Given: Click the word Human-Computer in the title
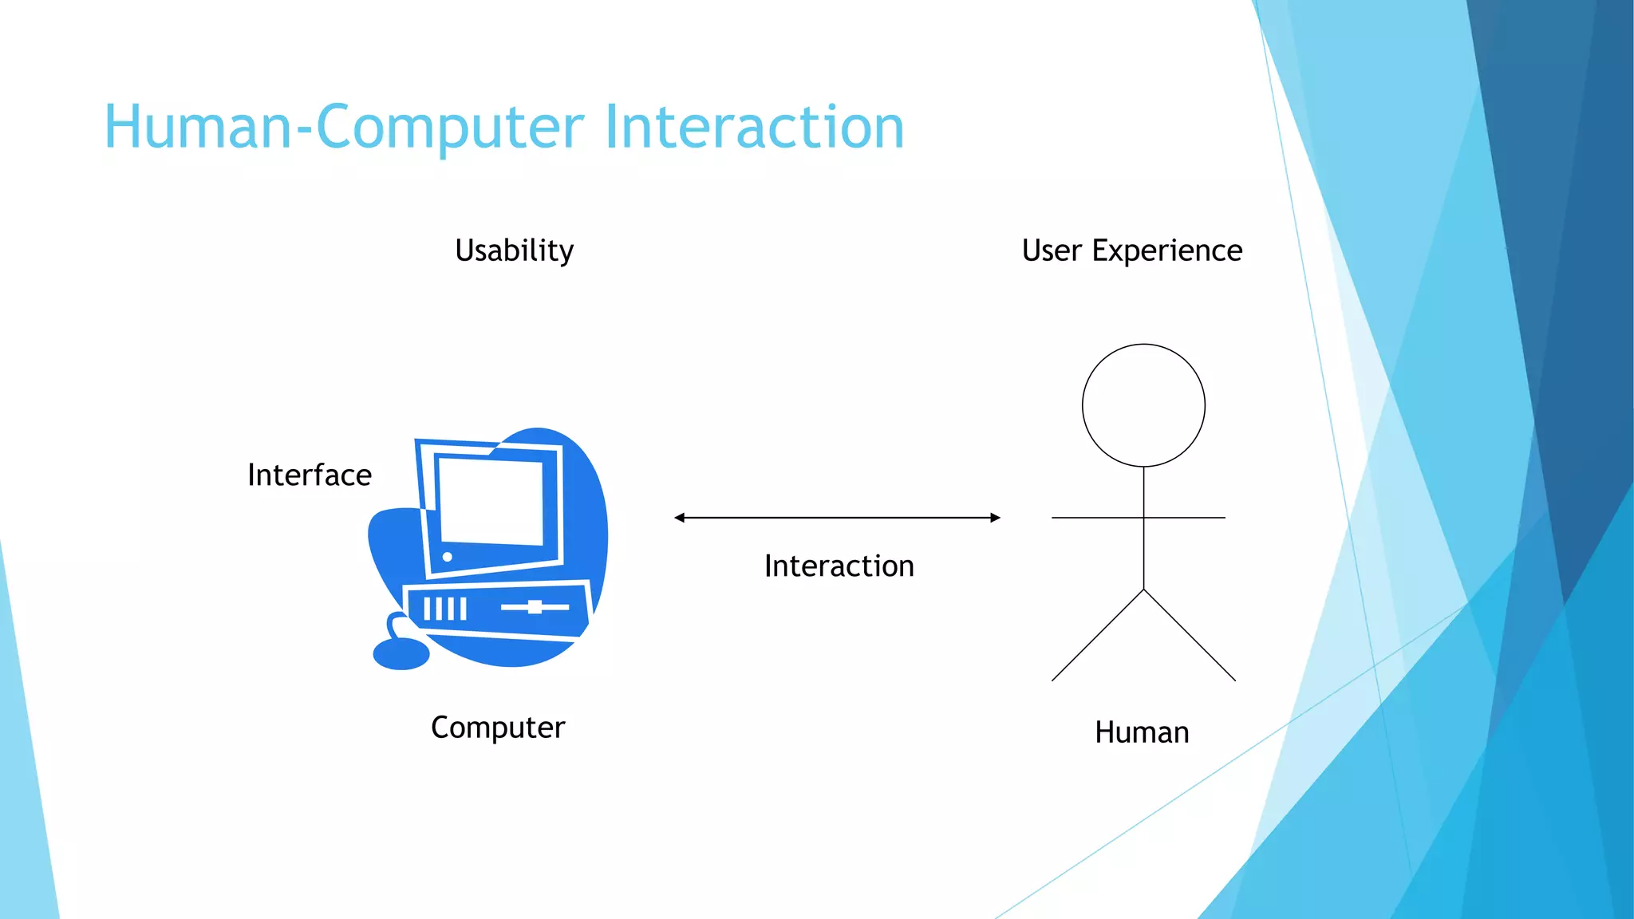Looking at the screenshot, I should pyautogui.click(x=343, y=128).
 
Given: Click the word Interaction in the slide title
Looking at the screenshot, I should pyautogui.click(x=754, y=128).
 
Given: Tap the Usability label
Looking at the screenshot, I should pyautogui.click(x=514, y=250).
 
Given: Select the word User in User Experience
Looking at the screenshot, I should pyautogui.click(x=1051, y=250).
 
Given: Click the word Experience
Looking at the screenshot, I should pyautogui.click(x=1166, y=250).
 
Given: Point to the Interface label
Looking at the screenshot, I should pyautogui.click(x=310, y=475).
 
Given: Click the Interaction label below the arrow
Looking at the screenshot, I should pyautogui.click(x=839, y=566).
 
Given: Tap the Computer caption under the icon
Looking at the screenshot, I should pyautogui.click(x=498, y=728).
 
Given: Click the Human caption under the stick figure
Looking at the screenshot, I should pyautogui.click(x=1142, y=732).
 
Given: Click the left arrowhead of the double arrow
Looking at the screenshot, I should pyautogui.click(x=680, y=518).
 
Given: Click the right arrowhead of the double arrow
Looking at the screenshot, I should pyautogui.click(x=995, y=518).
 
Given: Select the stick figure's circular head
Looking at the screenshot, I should pyautogui.click(x=1143, y=405).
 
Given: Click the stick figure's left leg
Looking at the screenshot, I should pyautogui.click(x=1098, y=635).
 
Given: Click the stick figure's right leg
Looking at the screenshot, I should pyautogui.click(x=1190, y=635).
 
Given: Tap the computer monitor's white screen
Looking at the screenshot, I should pyautogui.click(x=491, y=501).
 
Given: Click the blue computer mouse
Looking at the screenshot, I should pyautogui.click(x=401, y=653).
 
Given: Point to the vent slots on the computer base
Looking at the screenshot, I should pyautogui.click(x=444, y=609).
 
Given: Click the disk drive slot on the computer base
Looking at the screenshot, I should pyautogui.click(x=535, y=607).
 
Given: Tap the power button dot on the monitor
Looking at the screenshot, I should pyautogui.click(x=448, y=557).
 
